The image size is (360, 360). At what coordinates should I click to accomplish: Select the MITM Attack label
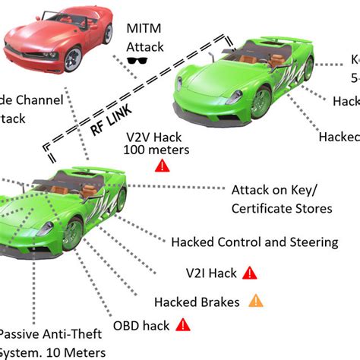click(145, 38)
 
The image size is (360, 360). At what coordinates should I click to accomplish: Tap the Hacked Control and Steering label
click(254, 242)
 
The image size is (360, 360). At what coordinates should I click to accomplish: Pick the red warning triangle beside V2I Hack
click(251, 272)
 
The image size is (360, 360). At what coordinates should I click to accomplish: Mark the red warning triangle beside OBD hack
click(182, 324)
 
